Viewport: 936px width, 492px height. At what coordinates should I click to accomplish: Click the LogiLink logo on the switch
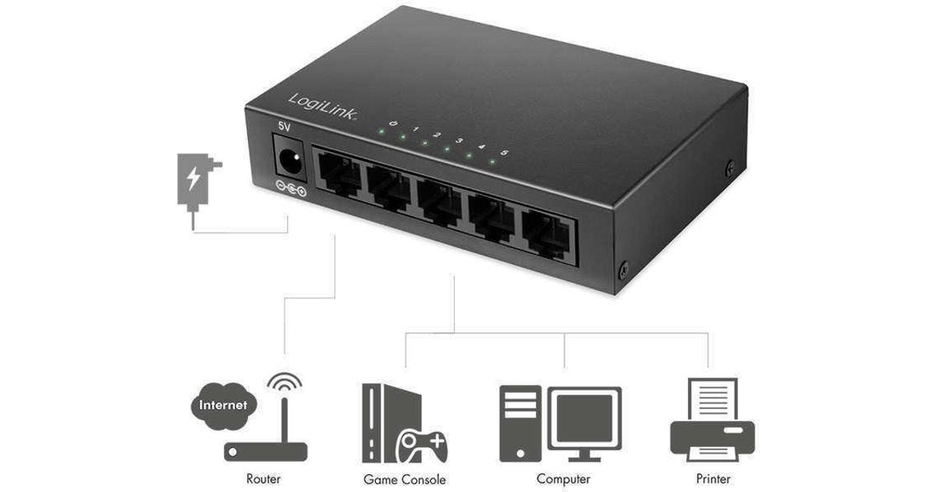(x=323, y=107)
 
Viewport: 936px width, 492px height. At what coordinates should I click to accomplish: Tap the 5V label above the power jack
(x=284, y=126)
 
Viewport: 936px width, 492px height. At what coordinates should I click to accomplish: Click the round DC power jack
(x=291, y=162)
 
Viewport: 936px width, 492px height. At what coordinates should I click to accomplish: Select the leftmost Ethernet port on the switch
(x=339, y=175)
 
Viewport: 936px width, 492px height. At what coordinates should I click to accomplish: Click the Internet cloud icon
(x=224, y=405)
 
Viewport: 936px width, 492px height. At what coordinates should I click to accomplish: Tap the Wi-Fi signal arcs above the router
(x=285, y=382)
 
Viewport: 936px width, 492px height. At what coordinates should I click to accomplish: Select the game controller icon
(x=421, y=446)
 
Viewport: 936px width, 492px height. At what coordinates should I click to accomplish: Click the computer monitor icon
(x=584, y=423)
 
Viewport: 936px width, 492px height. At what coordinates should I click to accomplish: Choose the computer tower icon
(x=520, y=423)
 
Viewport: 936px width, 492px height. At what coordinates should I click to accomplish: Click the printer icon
(x=713, y=420)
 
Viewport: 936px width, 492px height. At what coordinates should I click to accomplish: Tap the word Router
(x=264, y=479)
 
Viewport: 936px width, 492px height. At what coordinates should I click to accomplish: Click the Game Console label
(x=405, y=480)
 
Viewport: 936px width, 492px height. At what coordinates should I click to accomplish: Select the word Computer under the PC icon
(x=563, y=480)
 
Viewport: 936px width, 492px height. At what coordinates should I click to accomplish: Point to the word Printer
(x=713, y=479)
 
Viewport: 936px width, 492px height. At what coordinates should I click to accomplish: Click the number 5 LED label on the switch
(x=504, y=152)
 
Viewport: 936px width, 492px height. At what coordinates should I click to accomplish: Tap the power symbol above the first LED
(x=393, y=123)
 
